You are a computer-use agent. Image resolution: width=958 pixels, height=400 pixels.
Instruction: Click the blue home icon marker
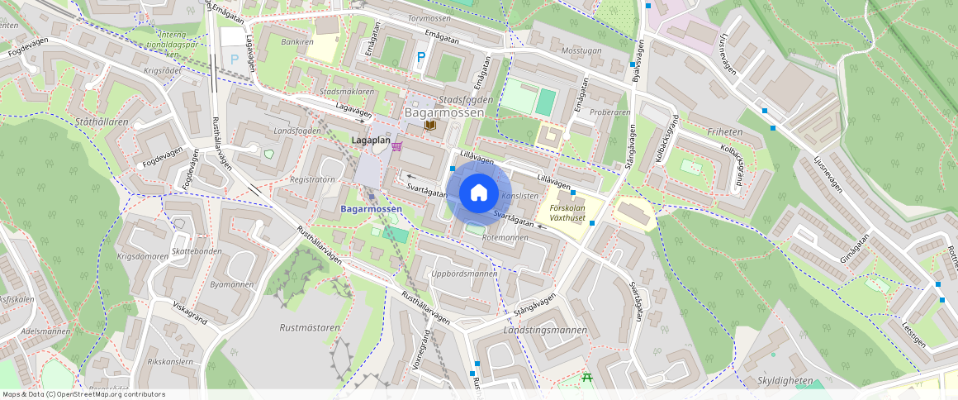tap(478, 193)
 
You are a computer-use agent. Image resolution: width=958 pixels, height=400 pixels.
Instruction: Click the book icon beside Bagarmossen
tap(429, 125)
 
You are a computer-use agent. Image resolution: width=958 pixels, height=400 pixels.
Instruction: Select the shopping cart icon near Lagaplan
tap(397, 146)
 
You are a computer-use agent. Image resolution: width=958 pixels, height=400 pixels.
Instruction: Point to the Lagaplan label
tap(370, 141)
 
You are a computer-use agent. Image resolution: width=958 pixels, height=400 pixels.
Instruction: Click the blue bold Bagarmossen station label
tap(371, 209)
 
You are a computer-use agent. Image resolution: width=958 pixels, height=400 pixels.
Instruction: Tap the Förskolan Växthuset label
tap(567, 213)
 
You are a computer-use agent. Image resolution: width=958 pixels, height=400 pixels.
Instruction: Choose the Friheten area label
tap(725, 131)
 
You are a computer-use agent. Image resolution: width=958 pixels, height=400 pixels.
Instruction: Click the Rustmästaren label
tap(310, 327)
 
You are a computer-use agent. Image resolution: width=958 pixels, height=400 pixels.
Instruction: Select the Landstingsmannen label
tap(545, 330)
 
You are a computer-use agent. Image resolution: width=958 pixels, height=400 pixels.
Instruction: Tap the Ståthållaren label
tap(102, 121)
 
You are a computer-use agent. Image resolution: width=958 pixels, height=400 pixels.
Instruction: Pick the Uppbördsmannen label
tap(464, 274)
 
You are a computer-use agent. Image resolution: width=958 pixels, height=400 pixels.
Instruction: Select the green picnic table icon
tap(587, 377)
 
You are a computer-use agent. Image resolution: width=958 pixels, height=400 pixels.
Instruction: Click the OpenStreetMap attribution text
tap(84, 394)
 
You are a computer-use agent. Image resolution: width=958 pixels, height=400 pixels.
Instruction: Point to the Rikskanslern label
tap(169, 361)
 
